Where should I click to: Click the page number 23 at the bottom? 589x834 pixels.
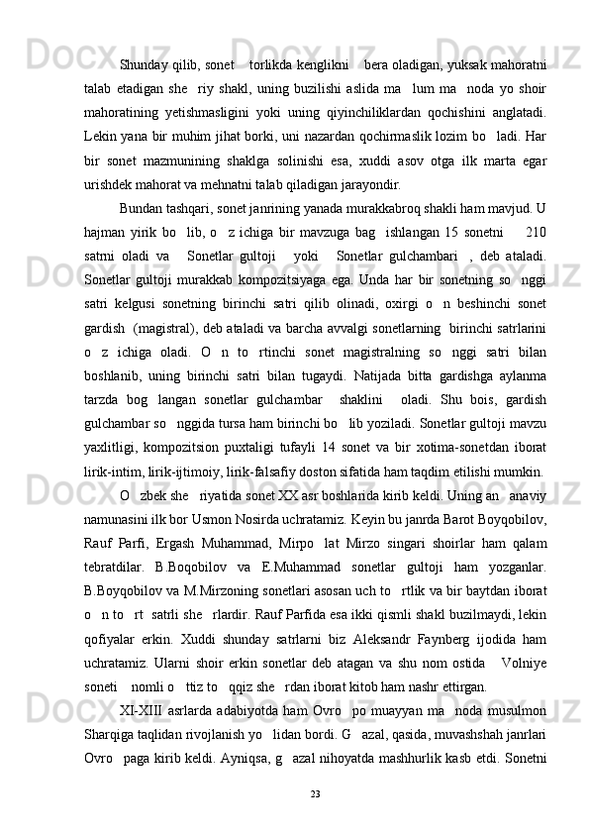[x=315, y=793]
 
